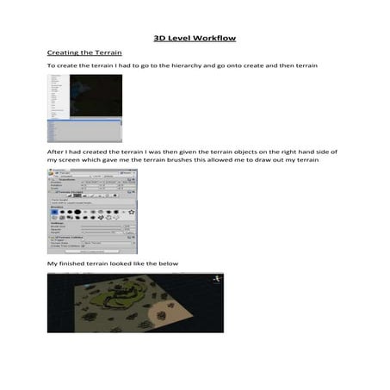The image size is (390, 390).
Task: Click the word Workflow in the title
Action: [x=216, y=38]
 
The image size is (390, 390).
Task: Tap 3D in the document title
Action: [x=159, y=38]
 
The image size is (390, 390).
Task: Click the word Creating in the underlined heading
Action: [x=62, y=53]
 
